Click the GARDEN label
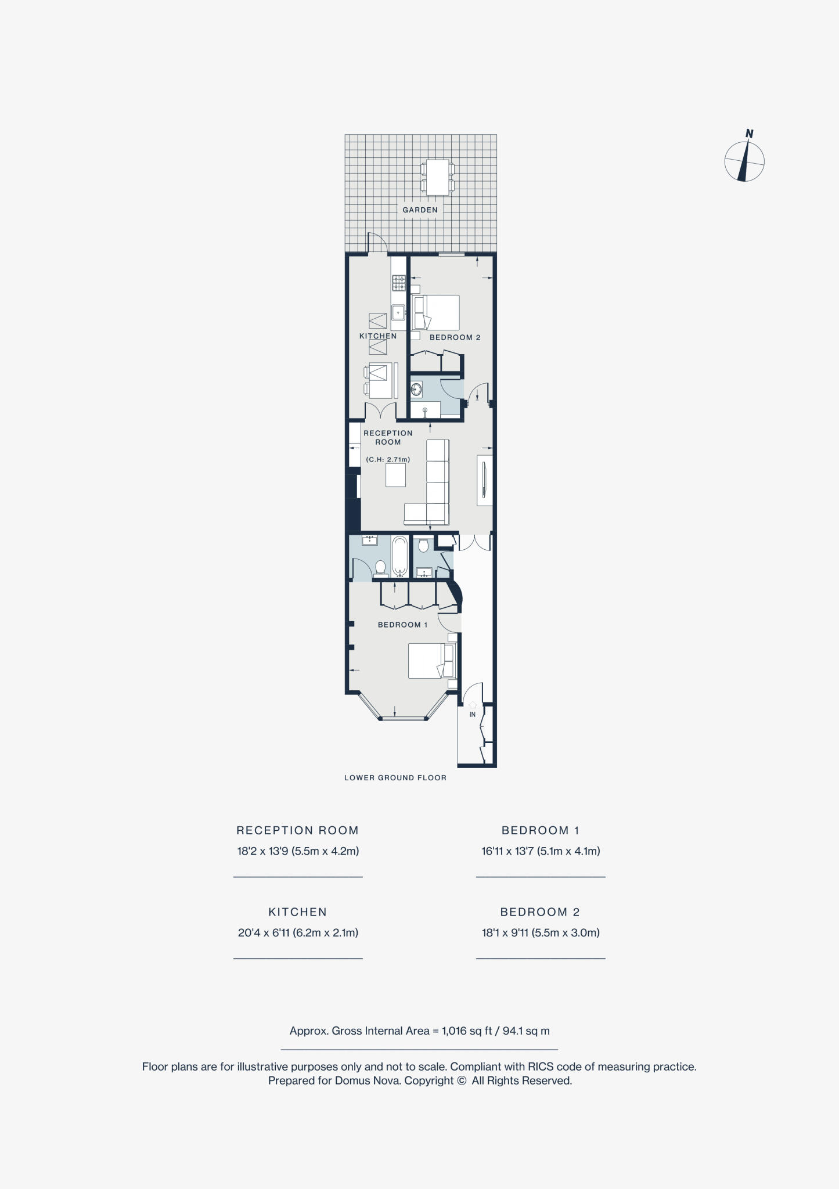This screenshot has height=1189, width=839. (420, 210)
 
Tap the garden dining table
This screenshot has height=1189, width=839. (437, 177)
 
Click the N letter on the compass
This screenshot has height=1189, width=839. (749, 134)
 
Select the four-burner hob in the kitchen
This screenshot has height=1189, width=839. (398, 283)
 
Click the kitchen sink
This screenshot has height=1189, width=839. (398, 313)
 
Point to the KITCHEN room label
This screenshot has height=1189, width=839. (378, 336)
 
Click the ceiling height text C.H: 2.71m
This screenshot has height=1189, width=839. (388, 460)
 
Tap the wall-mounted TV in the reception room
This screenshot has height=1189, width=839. (484, 480)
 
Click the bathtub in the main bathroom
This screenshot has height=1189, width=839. (399, 556)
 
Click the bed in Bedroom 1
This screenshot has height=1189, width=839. (431, 661)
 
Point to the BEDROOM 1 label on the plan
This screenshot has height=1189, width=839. (402, 625)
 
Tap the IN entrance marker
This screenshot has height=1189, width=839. (472, 714)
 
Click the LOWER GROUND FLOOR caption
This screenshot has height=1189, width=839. (395, 778)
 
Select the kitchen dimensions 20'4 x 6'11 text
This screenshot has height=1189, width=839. (298, 933)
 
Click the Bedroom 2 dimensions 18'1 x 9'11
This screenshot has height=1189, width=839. (540, 933)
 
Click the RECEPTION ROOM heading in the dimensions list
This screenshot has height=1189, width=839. (297, 830)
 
